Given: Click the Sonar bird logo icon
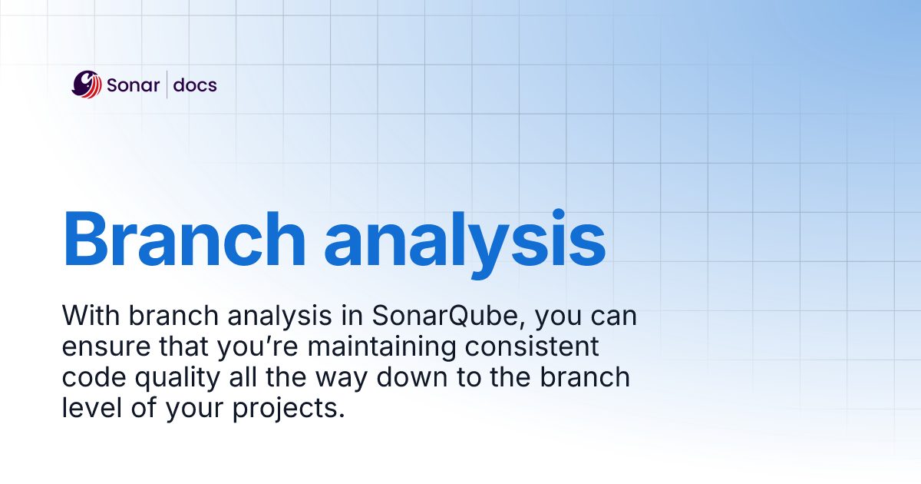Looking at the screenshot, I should pyautogui.click(x=87, y=85).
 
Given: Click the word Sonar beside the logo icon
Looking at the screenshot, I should pyautogui.click(x=131, y=85).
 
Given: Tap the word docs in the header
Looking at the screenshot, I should pyautogui.click(x=195, y=85).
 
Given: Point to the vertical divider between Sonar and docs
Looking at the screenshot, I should pyautogui.click(x=167, y=85).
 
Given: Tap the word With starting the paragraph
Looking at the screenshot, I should pyautogui.click(x=91, y=316).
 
